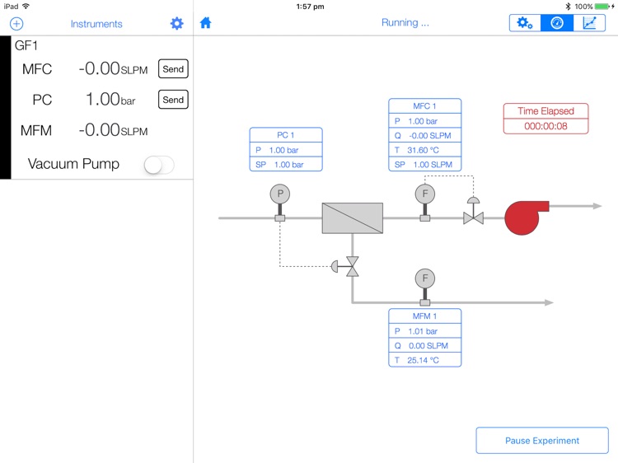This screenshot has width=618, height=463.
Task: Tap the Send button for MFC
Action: [x=173, y=69]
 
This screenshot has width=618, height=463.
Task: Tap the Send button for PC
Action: [x=173, y=100]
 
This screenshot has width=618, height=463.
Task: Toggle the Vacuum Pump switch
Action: [x=158, y=165]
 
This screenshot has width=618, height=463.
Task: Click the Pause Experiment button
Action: [x=542, y=441]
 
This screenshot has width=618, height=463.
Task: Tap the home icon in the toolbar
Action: [x=206, y=23]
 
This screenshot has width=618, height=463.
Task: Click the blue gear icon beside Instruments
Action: [x=177, y=23]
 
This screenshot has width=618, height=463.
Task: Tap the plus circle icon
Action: [x=16, y=24]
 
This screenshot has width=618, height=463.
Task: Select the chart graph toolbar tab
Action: [x=589, y=23]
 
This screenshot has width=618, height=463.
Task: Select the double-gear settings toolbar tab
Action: [x=525, y=23]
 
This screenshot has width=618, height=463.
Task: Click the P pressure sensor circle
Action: [x=280, y=194]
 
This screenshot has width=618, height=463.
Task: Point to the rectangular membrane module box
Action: [x=352, y=218]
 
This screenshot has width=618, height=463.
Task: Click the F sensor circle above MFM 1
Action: [x=425, y=278]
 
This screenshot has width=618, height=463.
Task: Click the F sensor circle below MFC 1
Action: [x=425, y=194]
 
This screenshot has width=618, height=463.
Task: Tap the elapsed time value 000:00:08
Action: [x=545, y=126]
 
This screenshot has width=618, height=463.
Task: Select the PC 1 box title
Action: [x=286, y=135]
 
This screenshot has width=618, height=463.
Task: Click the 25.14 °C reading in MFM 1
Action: [x=423, y=360]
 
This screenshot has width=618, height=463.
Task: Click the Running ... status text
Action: [x=405, y=23]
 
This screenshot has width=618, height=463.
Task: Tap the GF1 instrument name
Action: [x=26, y=46]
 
